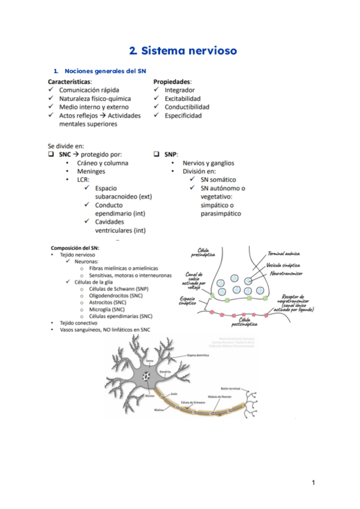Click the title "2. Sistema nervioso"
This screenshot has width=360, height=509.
point(184,50)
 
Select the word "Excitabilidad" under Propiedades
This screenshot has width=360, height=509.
point(182,98)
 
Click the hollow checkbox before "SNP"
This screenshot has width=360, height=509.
point(156,154)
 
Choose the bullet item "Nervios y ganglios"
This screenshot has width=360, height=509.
point(208,163)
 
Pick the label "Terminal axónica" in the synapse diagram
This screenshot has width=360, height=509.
point(284,254)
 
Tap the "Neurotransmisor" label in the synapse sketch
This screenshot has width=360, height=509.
point(286,273)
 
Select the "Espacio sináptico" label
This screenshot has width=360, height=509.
point(187,301)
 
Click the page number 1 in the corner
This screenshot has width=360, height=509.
point(313,482)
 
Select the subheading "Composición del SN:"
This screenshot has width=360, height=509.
point(74,247)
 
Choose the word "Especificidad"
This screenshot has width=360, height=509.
point(183,115)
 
